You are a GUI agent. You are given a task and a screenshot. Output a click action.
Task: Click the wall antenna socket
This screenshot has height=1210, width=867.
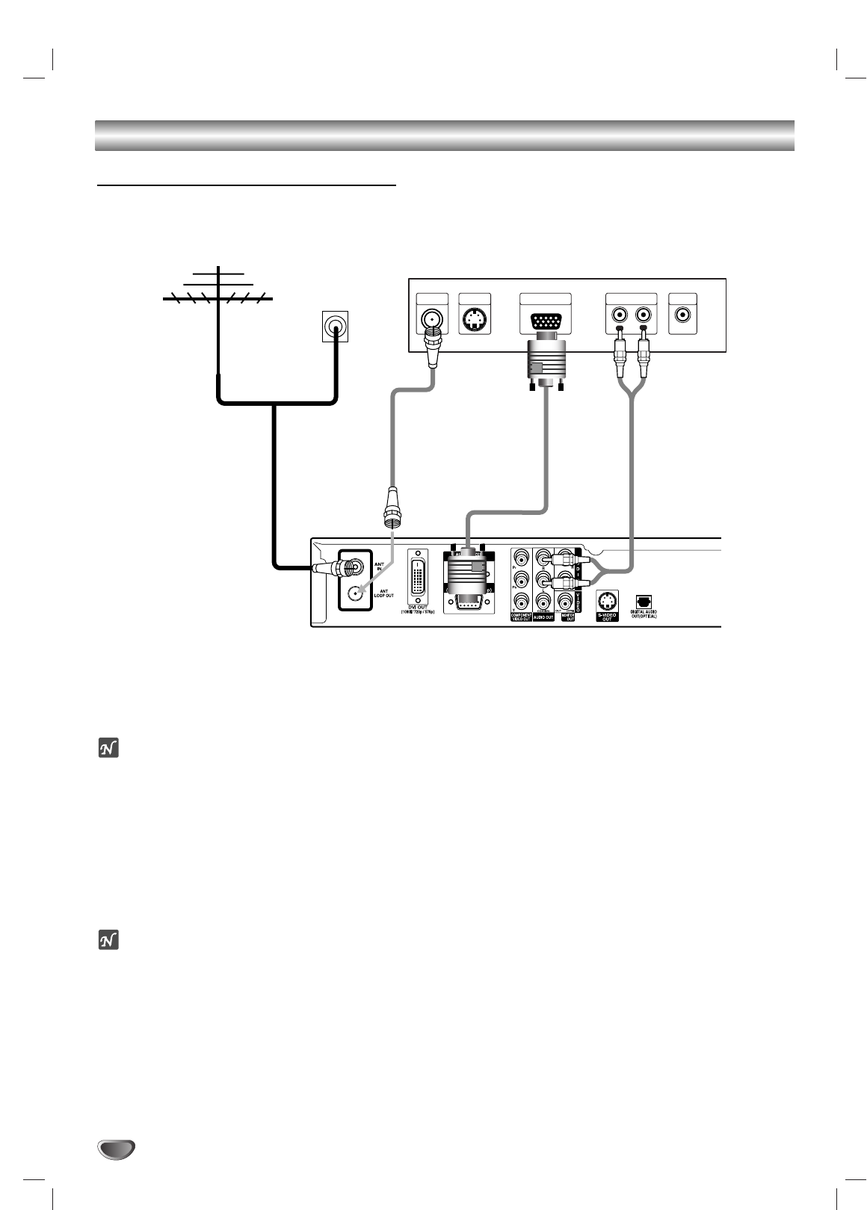[x=335, y=327]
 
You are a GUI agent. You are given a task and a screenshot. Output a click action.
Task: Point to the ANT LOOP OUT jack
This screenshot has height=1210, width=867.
[x=355, y=595]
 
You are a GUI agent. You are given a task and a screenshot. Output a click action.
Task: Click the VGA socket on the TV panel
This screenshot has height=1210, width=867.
[x=544, y=322]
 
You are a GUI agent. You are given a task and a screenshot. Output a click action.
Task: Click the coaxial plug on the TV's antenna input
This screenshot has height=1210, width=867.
[x=433, y=351]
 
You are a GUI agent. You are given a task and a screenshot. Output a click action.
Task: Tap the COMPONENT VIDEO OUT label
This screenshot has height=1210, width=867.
[x=521, y=617]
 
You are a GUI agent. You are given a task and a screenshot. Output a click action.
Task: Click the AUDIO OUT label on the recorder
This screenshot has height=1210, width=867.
[x=544, y=617]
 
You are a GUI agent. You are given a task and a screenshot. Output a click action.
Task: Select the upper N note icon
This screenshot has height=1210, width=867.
[x=110, y=747]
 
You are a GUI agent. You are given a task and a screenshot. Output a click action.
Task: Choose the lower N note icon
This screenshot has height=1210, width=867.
[x=110, y=940]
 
